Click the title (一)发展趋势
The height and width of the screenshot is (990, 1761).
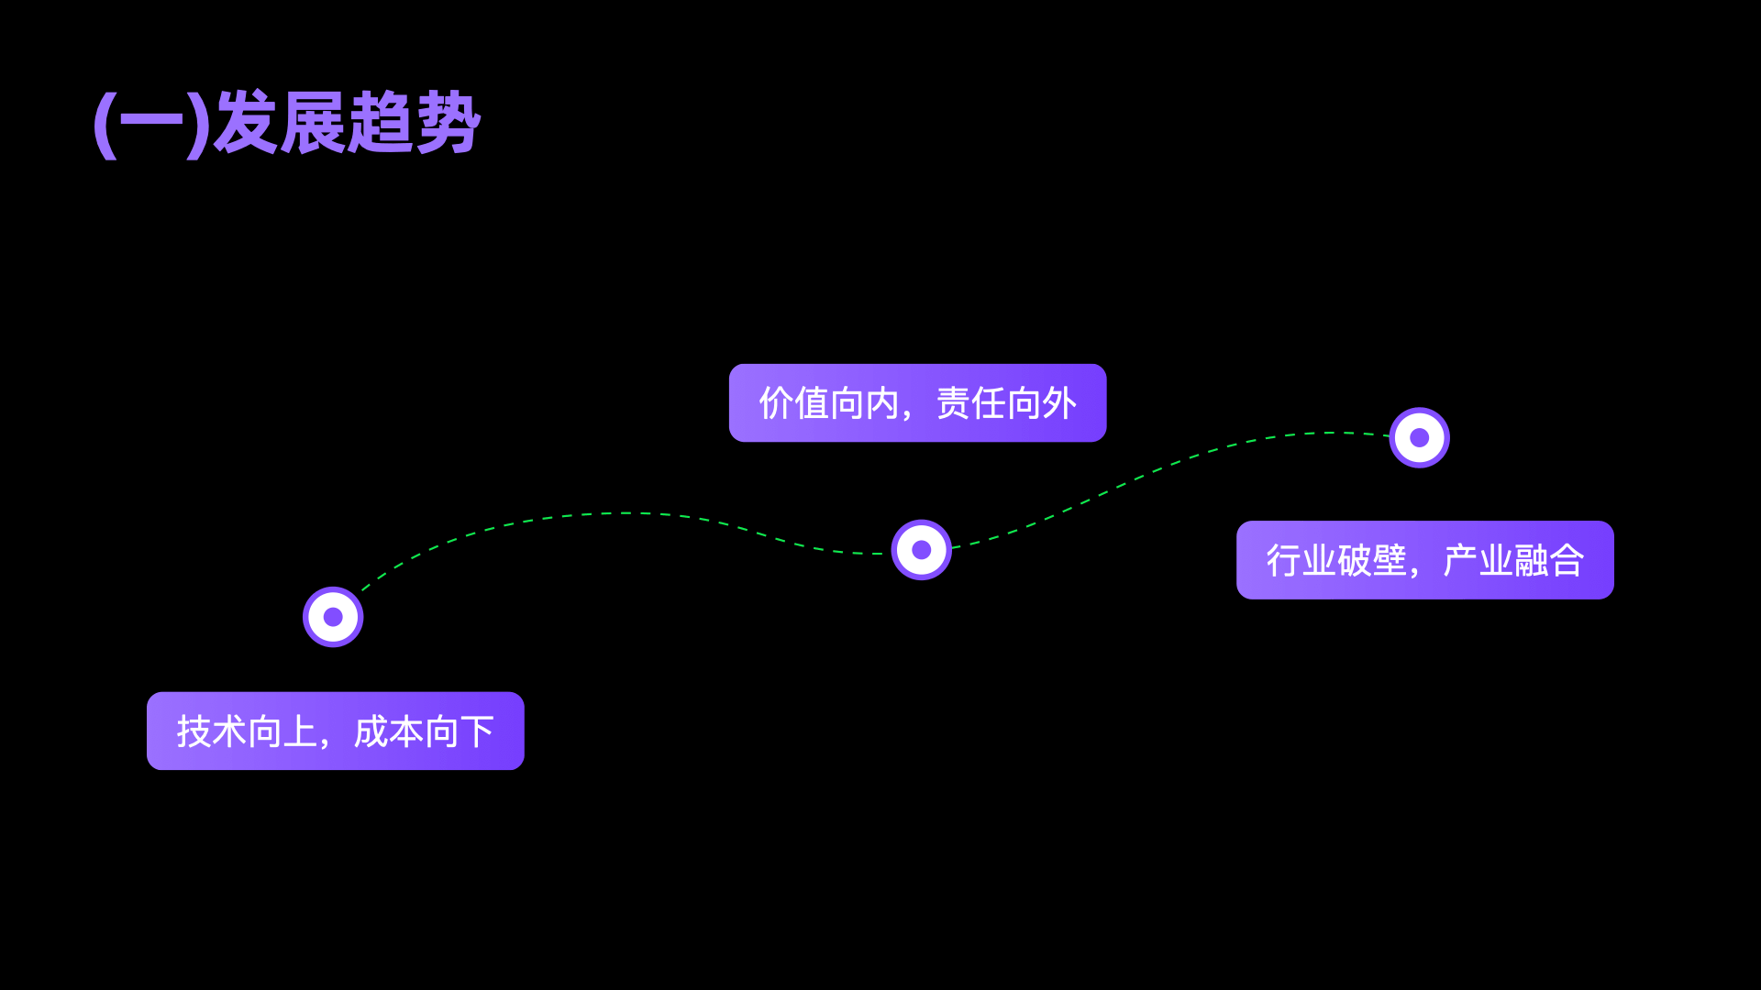(x=287, y=123)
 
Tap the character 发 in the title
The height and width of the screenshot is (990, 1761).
(x=246, y=123)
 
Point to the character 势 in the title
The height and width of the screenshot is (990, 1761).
(x=449, y=123)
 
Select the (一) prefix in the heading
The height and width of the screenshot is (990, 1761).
(x=152, y=123)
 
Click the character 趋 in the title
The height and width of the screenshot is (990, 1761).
(x=381, y=123)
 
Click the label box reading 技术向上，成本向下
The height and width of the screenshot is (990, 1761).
(x=335, y=731)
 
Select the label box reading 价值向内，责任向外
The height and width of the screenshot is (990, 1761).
(x=917, y=402)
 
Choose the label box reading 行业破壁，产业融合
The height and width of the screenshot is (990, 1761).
(x=1424, y=560)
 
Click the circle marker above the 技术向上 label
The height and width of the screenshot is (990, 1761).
(x=333, y=617)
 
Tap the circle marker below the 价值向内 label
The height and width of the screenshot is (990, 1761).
(x=922, y=550)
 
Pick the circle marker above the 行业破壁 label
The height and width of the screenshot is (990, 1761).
(x=1420, y=437)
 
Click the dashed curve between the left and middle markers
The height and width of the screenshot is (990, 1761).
(x=624, y=513)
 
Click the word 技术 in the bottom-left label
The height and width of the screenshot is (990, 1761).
(x=212, y=731)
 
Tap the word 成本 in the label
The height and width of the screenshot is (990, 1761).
(x=389, y=731)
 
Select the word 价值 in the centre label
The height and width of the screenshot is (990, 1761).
(x=794, y=403)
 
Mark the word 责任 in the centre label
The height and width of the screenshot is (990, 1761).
(x=971, y=403)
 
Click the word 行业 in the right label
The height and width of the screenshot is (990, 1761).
(x=1301, y=560)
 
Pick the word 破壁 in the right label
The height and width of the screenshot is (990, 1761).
(x=1372, y=560)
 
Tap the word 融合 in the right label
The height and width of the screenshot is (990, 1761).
(x=1549, y=560)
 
